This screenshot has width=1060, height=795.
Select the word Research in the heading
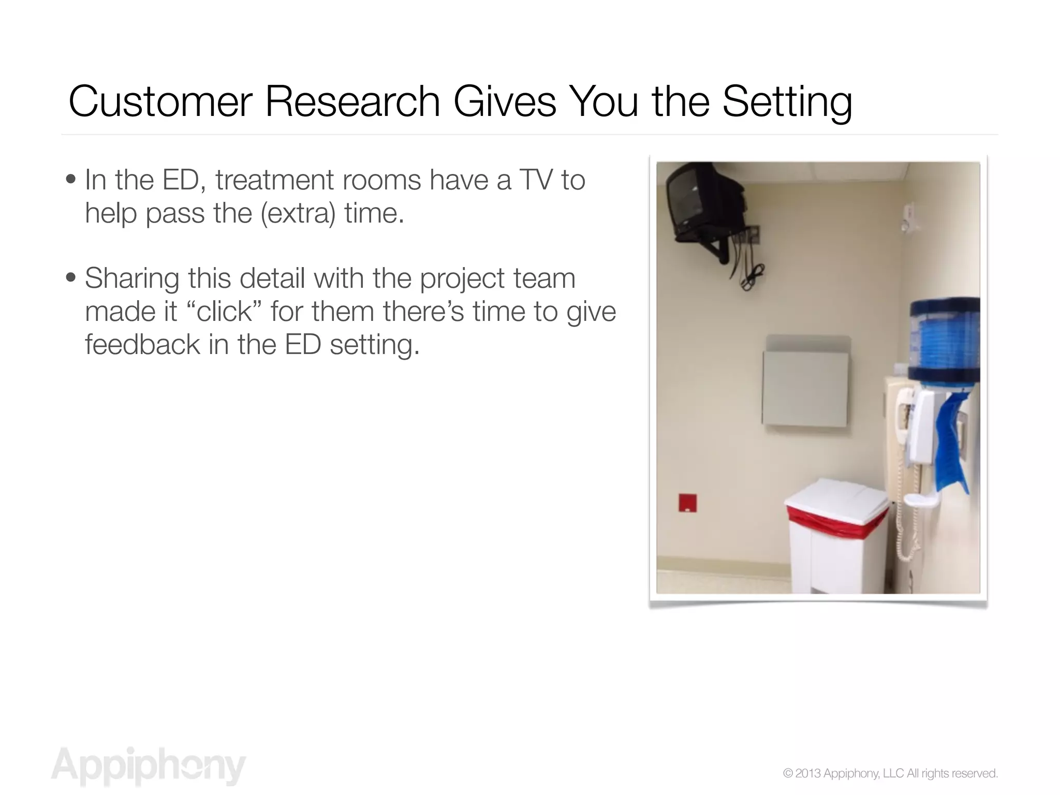352,102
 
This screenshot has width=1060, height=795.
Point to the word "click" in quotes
224,312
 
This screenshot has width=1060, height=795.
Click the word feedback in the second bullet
142,345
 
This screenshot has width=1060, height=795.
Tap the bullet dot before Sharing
71,278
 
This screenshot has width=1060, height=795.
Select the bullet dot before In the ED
71,180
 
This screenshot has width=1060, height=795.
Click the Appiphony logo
148,765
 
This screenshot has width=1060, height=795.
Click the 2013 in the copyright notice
807,773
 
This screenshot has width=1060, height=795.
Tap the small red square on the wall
687,503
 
